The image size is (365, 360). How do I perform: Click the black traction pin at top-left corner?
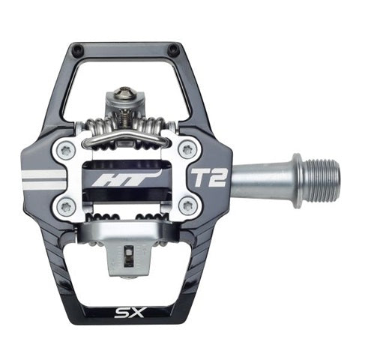pos(76,51)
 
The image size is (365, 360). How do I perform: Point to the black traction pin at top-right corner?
pos(173,51)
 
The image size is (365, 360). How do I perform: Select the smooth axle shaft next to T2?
pos(259,180)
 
